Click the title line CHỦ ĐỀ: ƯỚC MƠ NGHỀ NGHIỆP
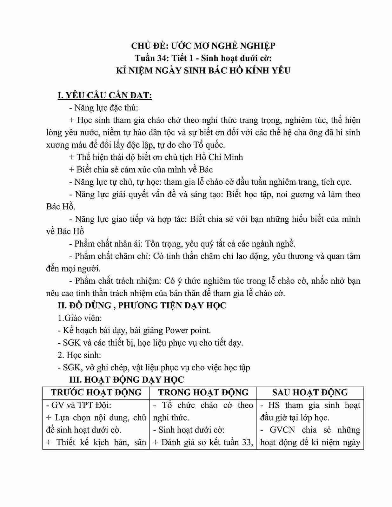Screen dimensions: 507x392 coord(203,46)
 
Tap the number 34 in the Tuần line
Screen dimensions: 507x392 coord(163,58)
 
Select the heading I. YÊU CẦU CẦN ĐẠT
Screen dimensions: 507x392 coord(105,95)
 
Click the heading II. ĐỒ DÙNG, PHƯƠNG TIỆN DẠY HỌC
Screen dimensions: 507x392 coord(142,306)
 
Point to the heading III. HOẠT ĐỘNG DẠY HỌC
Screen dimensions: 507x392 coord(127,380)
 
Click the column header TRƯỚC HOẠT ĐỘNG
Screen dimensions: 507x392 coord(96,392)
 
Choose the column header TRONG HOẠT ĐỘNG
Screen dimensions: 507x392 coord(203,392)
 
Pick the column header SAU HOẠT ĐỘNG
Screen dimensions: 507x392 coord(310,392)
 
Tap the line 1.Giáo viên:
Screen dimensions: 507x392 coord(80,318)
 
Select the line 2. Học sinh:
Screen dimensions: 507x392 coord(79,355)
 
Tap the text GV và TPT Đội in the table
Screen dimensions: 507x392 coord(81,405)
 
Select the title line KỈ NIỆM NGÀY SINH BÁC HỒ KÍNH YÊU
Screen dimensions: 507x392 coord(203,70)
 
